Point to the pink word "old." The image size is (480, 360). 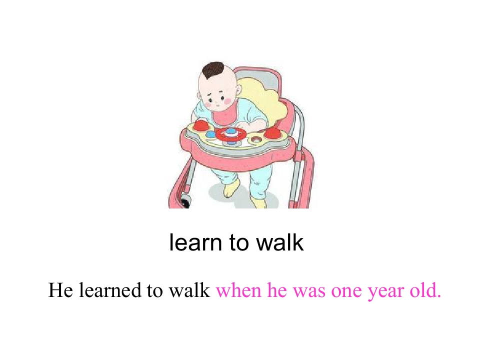pos(425,290)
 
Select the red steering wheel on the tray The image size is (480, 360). pos(230,133)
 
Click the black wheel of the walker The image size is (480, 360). pos(185,202)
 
